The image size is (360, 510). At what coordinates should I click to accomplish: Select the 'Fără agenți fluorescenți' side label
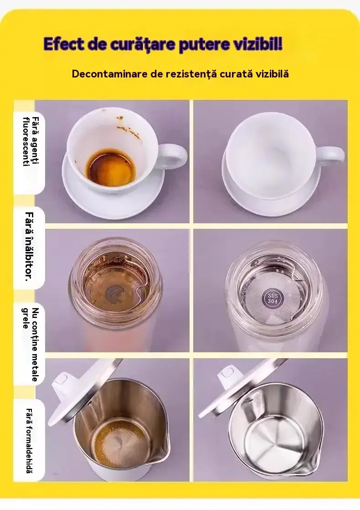coord(31,141)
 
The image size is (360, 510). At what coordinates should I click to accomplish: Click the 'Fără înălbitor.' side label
coord(29,246)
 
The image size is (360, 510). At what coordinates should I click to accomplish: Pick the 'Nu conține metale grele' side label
coord(31,345)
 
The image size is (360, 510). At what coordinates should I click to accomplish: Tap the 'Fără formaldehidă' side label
coord(29,441)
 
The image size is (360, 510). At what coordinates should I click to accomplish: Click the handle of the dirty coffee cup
coord(173,156)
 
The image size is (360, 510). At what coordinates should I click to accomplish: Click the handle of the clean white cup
coord(330,156)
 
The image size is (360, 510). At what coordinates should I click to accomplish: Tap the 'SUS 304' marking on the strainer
coord(273,298)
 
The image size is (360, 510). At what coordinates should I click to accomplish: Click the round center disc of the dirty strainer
coord(114,294)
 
